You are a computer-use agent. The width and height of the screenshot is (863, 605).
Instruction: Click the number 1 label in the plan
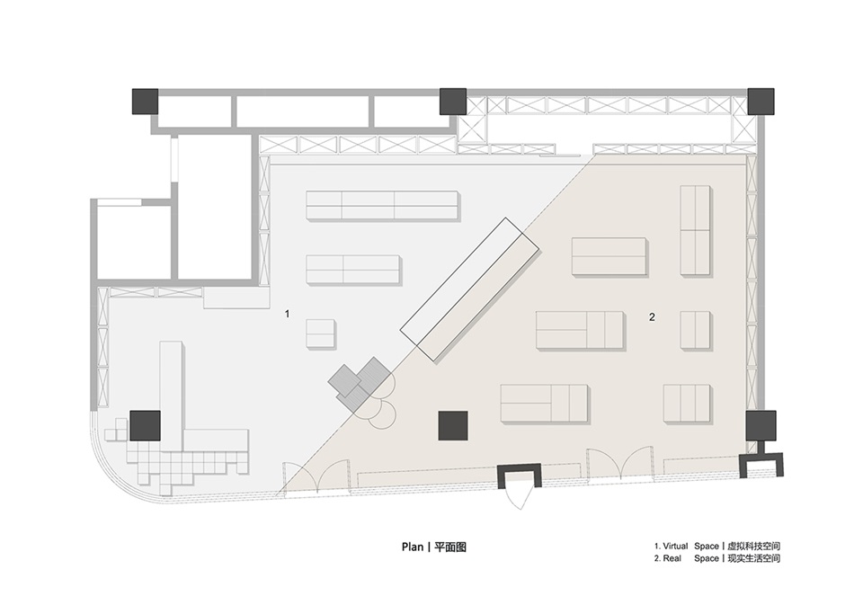click(x=287, y=314)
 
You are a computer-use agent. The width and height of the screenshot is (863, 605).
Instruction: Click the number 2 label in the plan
click(x=653, y=316)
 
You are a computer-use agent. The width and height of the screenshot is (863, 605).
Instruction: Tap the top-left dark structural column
click(x=145, y=102)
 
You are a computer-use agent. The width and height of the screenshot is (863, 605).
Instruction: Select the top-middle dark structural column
click(x=453, y=102)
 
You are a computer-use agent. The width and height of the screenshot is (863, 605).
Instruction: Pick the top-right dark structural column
click(x=761, y=102)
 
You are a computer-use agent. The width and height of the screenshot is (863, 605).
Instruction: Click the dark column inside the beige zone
click(x=453, y=425)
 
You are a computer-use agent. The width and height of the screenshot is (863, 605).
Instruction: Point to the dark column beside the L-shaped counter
click(x=146, y=425)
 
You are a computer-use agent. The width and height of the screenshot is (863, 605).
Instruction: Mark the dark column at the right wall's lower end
click(x=761, y=425)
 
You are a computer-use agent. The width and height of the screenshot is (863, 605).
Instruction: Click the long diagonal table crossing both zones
click(x=469, y=289)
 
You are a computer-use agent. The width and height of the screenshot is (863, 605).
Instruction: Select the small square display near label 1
click(x=320, y=333)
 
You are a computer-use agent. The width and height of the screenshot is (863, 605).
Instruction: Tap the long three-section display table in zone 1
click(x=382, y=205)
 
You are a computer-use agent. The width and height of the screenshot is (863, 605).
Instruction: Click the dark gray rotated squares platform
click(x=360, y=384)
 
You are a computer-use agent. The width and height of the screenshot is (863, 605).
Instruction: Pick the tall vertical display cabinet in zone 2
click(x=695, y=229)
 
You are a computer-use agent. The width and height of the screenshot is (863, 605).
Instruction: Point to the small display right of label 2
click(x=695, y=330)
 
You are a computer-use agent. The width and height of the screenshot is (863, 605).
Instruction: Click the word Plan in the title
click(x=413, y=547)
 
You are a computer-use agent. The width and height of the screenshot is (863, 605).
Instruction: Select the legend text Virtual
click(x=675, y=546)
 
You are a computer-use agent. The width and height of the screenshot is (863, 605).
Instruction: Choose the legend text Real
click(x=672, y=558)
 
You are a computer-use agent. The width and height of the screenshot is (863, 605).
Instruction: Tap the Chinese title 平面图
click(x=450, y=547)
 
